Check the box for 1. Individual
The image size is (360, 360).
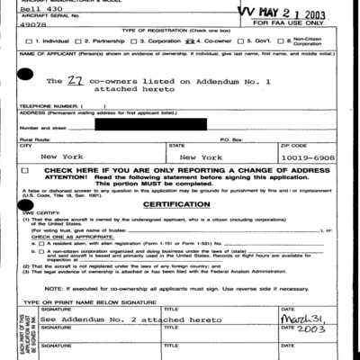tap(30, 42)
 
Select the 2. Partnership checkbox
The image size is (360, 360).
tap(78, 42)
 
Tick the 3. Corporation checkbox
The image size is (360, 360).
tap(131, 42)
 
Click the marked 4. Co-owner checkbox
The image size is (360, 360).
tap(189, 42)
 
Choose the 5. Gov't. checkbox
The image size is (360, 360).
tap(241, 42)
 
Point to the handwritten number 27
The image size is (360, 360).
tap(77, 82)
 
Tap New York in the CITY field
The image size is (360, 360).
tap(63, 157)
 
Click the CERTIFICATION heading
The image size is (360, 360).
tap(177, 205)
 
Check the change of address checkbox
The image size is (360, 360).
tap(30, 170)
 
